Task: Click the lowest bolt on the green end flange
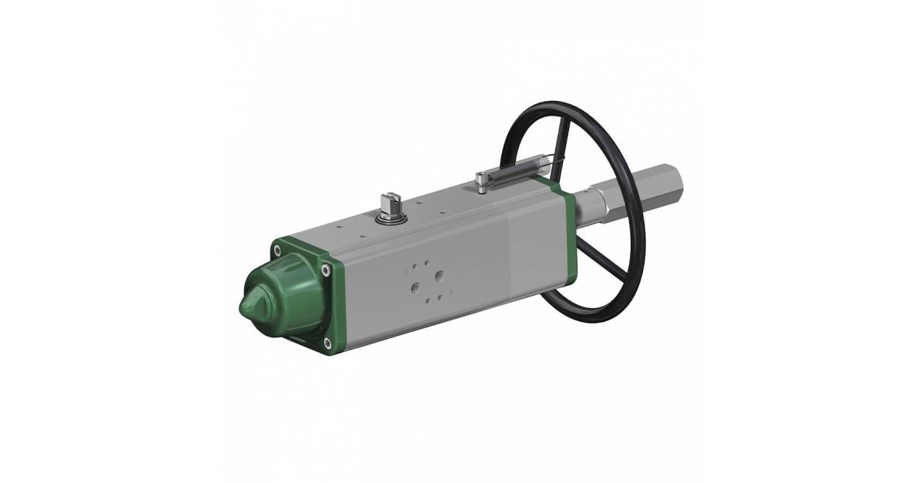pos(328,342)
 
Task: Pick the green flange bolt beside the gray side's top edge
pos(329,270)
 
